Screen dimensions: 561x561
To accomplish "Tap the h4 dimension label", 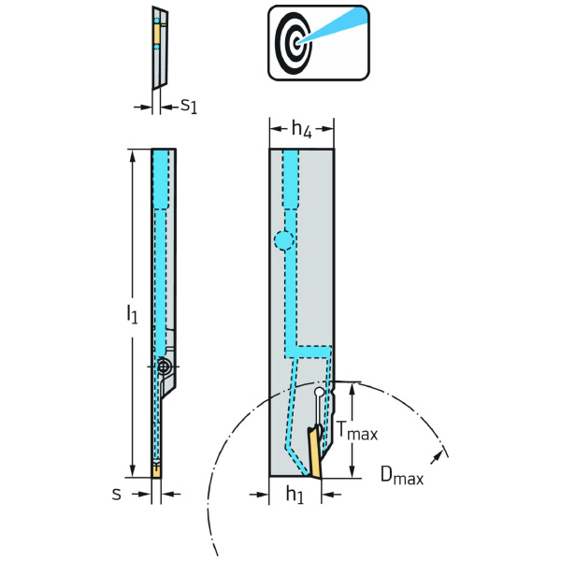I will click(x=300, y=131).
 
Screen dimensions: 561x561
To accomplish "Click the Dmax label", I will click(x=402, y=477).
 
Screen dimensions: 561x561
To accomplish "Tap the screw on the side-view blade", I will click(x=165, y=367).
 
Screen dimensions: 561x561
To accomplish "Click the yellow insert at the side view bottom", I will click(x=155, y=470).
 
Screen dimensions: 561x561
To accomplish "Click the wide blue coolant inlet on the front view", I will click(x=290, y=178).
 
